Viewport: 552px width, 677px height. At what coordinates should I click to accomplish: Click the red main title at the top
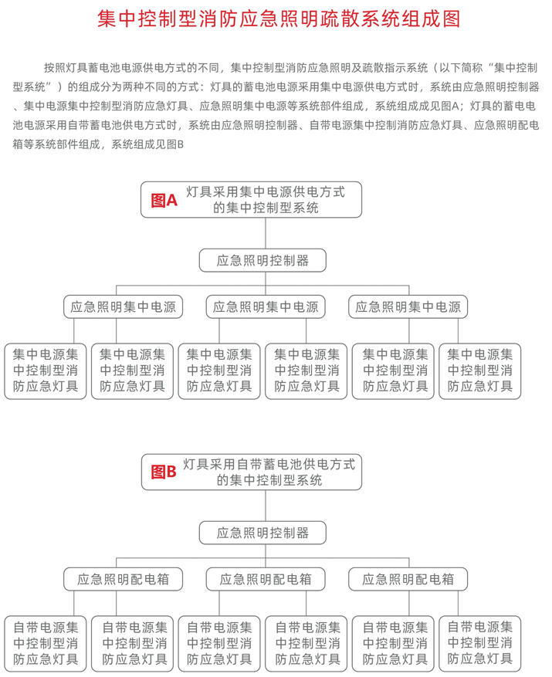tap(279, 19)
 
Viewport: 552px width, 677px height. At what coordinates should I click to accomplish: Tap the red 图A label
tap(164, 201)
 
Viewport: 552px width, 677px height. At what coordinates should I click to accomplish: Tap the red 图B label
tap(164, 472)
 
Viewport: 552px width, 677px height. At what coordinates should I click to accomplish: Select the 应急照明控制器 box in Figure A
tap(262, 260)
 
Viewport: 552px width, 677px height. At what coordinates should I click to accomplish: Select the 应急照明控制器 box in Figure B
tap(262, 533)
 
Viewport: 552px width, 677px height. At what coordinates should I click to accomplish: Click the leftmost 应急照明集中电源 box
tap(123, 306)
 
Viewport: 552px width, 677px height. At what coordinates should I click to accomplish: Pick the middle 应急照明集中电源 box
tap(266, 306)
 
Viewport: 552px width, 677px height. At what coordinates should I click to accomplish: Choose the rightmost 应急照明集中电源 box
tap(408, 306)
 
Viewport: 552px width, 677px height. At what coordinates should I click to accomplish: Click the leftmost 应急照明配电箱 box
tap(123, 579)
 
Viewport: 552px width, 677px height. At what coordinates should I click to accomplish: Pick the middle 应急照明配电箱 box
tap(266, 579)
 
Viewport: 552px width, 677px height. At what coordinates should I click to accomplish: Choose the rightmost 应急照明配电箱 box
tap(408, 579)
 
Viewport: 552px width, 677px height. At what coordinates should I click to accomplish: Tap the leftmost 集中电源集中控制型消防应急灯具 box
tap(46, 371)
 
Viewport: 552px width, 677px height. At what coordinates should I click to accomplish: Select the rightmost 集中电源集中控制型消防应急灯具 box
tap(480, 371)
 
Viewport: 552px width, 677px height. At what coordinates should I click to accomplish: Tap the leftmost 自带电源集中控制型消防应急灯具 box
tap(46, 643)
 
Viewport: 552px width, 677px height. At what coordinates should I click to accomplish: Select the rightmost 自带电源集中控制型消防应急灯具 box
tap(480, 643)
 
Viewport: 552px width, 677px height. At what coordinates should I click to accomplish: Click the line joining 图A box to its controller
tap(266, 233)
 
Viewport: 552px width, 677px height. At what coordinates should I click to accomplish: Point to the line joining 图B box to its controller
tap(266, 506)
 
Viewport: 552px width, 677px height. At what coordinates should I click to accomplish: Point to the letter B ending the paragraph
tap(181, 144)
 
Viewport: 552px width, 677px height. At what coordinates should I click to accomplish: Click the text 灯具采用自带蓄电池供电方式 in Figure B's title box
tap(269, 464)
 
